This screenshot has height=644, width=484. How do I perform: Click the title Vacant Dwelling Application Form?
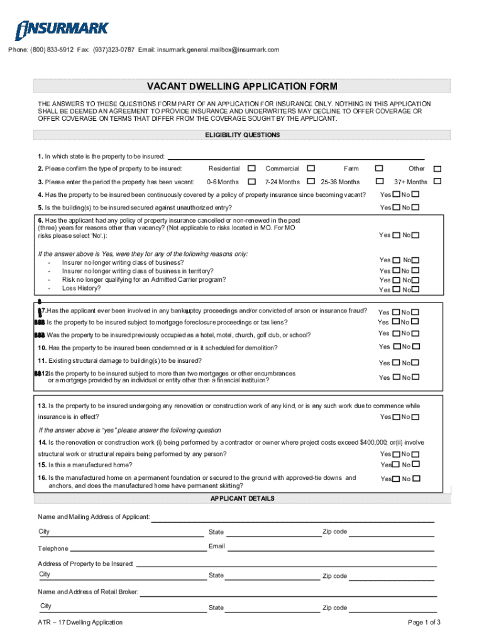tap(242, 86)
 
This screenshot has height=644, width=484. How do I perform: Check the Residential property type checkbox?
tap(251, 169)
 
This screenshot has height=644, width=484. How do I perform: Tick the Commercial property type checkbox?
tap(311, 169)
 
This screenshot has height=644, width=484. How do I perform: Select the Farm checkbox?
tap(378, 169)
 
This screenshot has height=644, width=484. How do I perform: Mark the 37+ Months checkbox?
tap(437, 182)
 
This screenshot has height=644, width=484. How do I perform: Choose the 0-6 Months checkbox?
tap(251, 182)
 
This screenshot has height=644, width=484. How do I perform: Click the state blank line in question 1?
tap(295, 157)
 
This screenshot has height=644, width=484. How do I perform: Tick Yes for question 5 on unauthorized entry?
tap(396, 208)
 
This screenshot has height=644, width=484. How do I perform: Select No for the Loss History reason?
tap(415, 290)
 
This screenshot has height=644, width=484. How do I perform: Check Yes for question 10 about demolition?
tap(396, 347)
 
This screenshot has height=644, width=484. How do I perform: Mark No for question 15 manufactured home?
tap(415, 465)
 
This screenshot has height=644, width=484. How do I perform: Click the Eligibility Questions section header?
tap(242, 135)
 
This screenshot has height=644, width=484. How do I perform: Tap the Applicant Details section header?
tap(242, 499)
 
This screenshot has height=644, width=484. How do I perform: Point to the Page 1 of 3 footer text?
tap(424, 623)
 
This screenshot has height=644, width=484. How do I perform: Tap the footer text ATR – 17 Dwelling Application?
tap(80, 623)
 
